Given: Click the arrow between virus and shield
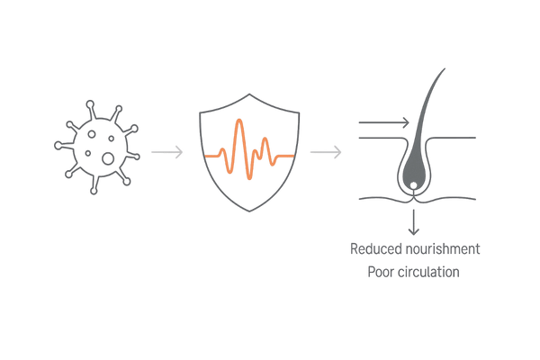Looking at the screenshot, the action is pyautogui.click(x=167, y=152).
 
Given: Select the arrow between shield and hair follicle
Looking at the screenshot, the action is pyautogui.click(x=326, y=152).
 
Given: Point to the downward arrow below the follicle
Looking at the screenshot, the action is pyautogui.click(x=414, y=222).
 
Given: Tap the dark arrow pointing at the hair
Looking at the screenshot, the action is pyautogui.click(x=384, y=122).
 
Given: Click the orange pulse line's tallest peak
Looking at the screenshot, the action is pyautogui.click(x=239, y=121).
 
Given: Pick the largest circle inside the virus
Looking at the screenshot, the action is pyautogui.click(x=108, y=158).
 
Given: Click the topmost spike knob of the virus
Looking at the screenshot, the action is pyautogui.click(x=90, y=104).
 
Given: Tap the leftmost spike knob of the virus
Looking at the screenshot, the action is pyautogui.click(x=58, y=146).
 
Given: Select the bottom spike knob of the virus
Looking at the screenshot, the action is pyautogui.click(x=94, y=191).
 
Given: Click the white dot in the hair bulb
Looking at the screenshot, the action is pyautogui.click(x=414, y=185).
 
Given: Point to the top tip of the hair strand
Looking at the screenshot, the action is pyautogui.click(x=445, y=69).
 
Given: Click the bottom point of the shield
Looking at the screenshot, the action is pyautogui.click(x=249, y=211).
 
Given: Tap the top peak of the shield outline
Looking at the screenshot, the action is pyautogui.click(x=249, y=94).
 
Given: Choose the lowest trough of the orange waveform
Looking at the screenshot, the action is pyautogui.click(x=249, y=178).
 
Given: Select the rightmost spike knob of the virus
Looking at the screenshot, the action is pyautogui.click(x=137, y=157).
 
